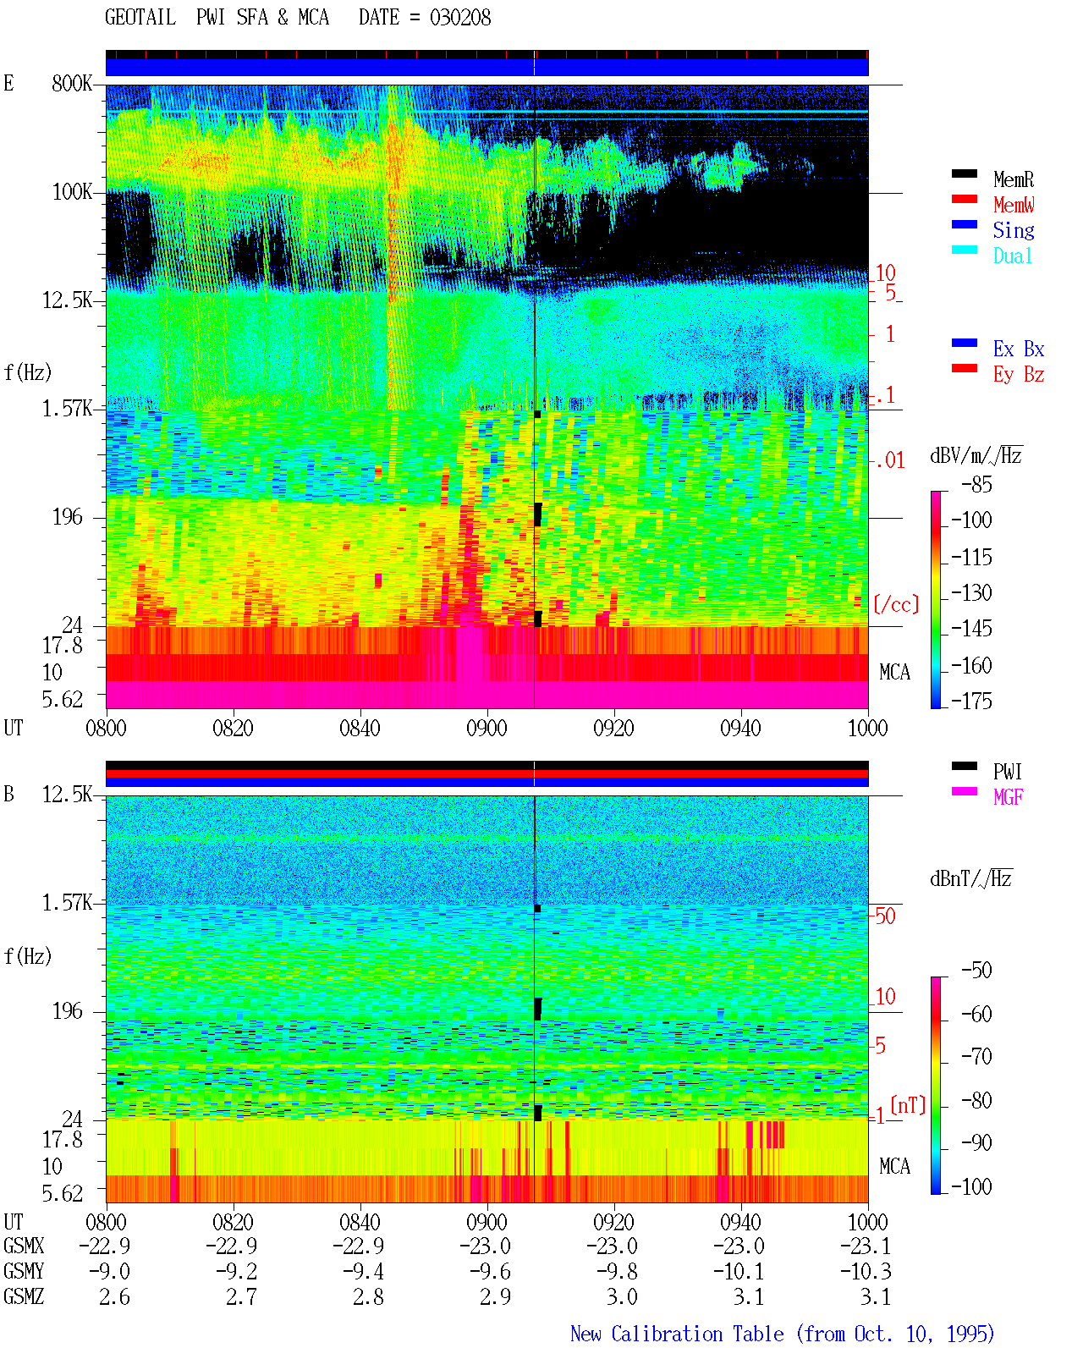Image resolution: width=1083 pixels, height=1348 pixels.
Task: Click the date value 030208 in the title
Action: pyautogui.click(x=459, y=18)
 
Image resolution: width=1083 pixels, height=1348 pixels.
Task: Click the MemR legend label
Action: pyautogui.click(x=1013, y=179)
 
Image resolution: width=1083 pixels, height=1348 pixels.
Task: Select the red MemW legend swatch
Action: pyautogui.click(x=964, y=199)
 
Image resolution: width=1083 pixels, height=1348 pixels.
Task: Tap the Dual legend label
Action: pyautogui.click(x=1012, y=256)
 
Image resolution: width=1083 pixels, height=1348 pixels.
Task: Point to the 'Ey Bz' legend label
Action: pyautogui.click(x=1018, y=374)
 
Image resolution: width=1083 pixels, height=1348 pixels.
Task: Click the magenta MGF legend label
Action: pyautogui.click(x=1008, y=797)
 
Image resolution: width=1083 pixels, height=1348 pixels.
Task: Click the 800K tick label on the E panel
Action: pyautogui.click(x=72, y=83)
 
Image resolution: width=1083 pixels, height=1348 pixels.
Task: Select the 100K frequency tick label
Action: pyautogui.click(x=72, y=192)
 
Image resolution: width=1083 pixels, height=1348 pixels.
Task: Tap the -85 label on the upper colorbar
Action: pyautogui.click(x=976, y=484)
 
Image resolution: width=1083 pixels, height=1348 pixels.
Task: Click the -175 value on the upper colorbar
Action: pyautogui.click(x=971, y=701)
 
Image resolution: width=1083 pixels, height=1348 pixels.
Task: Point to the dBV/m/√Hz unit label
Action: pyautogui.click(x=976, y=455)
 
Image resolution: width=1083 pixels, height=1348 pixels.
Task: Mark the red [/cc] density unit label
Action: pyautogui.click(x=896, y=604)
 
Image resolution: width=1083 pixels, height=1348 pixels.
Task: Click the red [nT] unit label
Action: pyautogui.click(x=908, y=1105)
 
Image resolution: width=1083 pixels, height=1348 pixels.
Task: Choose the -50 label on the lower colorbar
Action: pyautogui.click(x=976, y=971)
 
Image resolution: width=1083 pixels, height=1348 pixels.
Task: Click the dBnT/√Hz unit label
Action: pyautogui.click(x=970, y=879)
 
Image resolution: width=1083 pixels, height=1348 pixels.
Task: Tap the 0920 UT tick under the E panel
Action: pyautogui.click(x=613, y=729)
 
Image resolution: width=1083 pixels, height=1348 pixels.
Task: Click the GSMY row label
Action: pyautogui.click(x=24, y=1271)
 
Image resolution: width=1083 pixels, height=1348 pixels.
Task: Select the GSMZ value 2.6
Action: pyautogui.click(x=114, y=1296)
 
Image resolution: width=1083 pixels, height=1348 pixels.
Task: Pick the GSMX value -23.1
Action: pyautogui.click(x=865, y=1246)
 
